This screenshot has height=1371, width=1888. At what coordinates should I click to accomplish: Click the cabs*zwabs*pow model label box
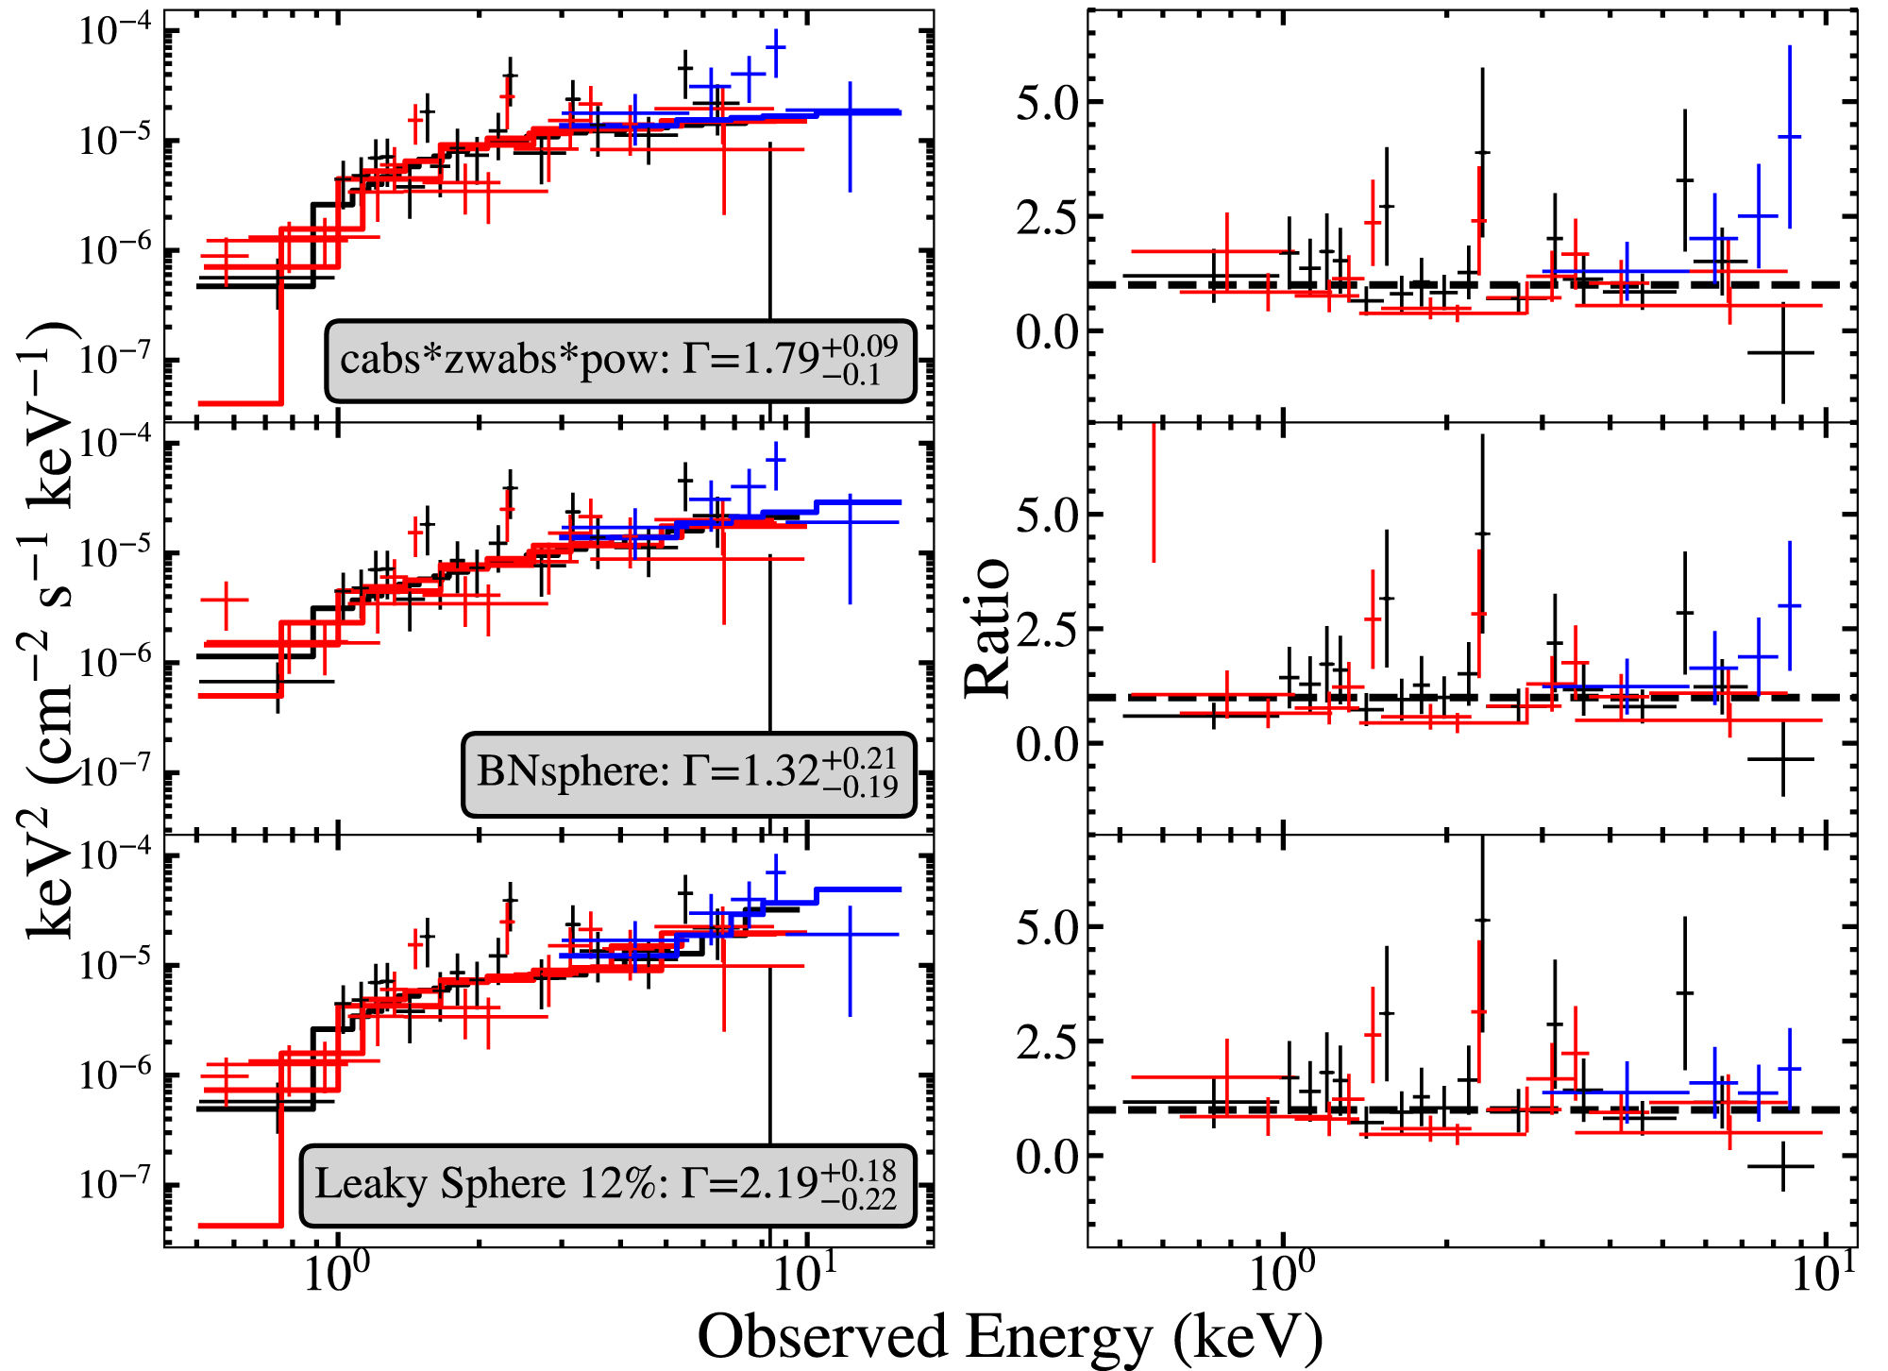click(620, 361)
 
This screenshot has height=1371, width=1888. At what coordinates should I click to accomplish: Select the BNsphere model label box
click(688, 773)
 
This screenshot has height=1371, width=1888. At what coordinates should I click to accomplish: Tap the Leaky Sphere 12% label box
click(607, 1185)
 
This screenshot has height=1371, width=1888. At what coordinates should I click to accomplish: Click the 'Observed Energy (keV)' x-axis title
click(1009, 1336)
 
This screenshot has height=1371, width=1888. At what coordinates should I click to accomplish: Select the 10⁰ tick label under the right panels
click(1283, 1277)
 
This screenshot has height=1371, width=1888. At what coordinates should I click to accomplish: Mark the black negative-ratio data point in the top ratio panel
click(1781, 352)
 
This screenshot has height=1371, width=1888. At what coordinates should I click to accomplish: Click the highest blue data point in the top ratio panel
click(1789, 137)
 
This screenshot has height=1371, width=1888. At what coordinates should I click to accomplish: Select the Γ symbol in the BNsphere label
click(694, 772)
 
